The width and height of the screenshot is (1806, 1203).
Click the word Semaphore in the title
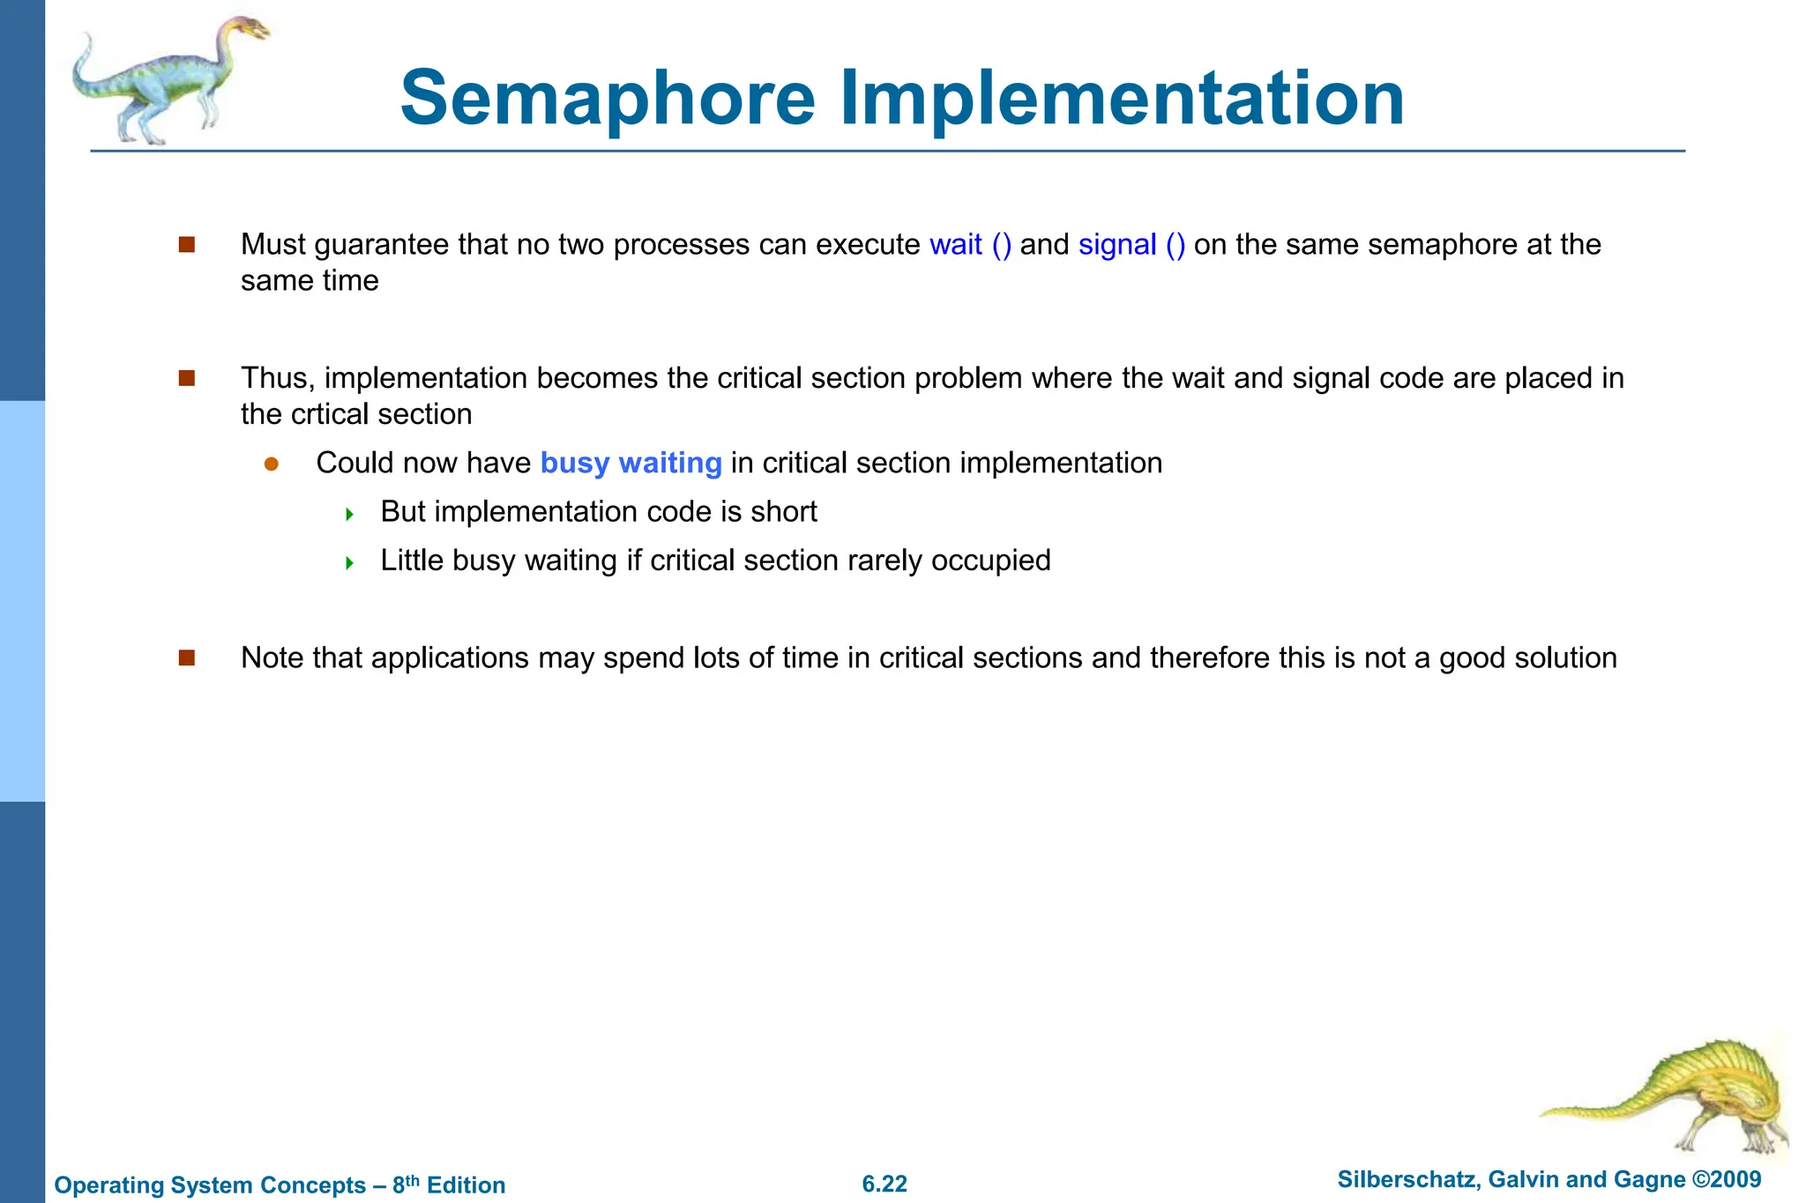[608, 99]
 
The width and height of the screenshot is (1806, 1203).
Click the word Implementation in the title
[1121, 99]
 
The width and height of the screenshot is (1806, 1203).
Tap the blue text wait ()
[970, 245]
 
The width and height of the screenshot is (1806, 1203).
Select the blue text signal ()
[1131, 245]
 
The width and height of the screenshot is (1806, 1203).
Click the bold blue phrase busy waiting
[631, 464]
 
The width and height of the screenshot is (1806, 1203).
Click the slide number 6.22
[884, 1184]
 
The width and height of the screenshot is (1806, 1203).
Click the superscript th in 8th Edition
[413, 1179]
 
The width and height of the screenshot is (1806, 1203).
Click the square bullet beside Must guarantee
[186, 245]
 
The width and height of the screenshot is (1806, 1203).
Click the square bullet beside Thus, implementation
[186, 379]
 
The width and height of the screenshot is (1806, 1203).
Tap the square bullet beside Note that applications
[186, 658]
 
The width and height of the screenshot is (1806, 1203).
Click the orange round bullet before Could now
[272, 464]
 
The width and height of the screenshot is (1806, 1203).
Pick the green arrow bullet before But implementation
[349, 514]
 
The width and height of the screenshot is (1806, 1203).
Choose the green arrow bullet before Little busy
[349, 562]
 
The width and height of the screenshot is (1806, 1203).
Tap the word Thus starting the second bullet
[274, 379]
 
